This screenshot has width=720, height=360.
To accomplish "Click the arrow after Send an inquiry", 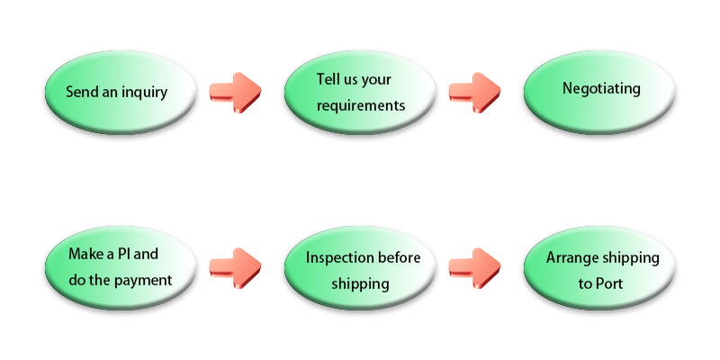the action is coord(236,93).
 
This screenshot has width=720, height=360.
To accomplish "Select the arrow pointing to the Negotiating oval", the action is coord(475,93).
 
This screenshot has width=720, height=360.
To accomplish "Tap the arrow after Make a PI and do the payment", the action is coord(236,268).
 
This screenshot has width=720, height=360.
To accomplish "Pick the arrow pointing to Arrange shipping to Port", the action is coord(475,268).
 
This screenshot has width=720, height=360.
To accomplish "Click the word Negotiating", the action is coord(601,88).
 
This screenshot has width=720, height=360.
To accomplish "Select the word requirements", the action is coord(361,106).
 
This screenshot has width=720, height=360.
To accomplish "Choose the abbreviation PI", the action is coord(122,254).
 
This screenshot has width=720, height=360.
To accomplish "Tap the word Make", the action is coord(85,254).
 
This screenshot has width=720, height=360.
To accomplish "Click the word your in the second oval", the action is coord(376,80).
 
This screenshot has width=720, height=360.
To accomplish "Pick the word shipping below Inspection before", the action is coord(361,283).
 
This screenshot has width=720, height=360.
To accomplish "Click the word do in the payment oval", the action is coord(76,280).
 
